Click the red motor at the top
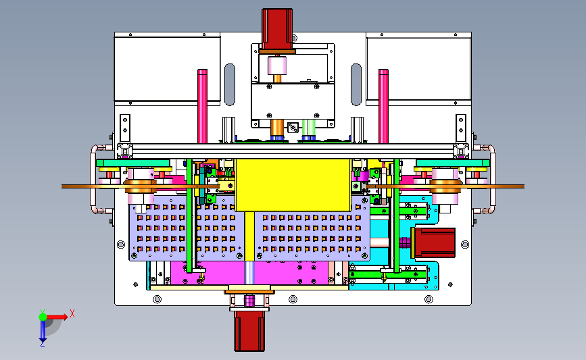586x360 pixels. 277,29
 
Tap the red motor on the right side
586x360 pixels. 433,242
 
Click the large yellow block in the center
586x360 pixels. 293,184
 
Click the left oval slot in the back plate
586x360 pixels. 230,84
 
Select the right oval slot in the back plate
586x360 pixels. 357,84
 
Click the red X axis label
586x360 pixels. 72,313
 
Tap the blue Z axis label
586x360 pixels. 42,344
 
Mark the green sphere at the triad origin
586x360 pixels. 43,315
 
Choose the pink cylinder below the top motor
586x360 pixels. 278,66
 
